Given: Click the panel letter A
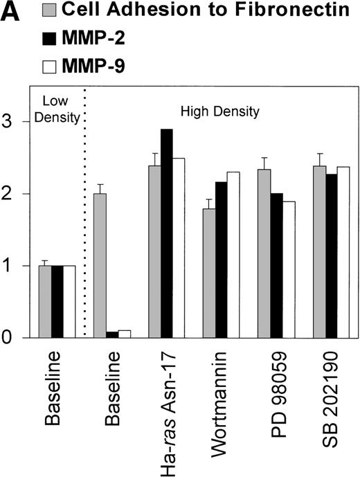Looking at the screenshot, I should point(12,12).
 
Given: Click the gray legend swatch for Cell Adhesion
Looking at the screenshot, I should point(49,10).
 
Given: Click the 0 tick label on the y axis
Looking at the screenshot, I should point(8,339).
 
